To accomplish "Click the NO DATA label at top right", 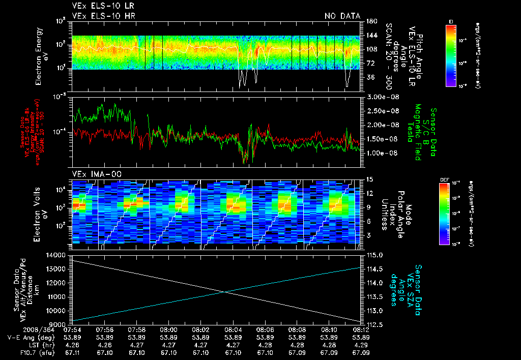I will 342,16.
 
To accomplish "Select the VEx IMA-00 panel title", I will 93,174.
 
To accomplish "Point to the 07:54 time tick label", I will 73,329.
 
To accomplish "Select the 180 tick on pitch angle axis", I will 370,21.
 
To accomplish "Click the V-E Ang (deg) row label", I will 30,337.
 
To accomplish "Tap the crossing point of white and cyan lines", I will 224,291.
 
